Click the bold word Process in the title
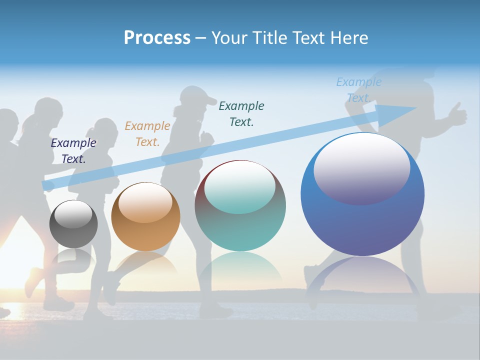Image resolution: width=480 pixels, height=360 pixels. [x=157, y=38]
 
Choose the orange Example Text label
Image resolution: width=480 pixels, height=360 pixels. [x=147, y=134]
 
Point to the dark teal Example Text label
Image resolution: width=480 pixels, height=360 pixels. [x=241, y=113]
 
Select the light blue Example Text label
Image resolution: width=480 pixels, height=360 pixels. [x=358, y=90]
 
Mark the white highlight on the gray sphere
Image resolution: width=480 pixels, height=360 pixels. [x=73, y=213]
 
